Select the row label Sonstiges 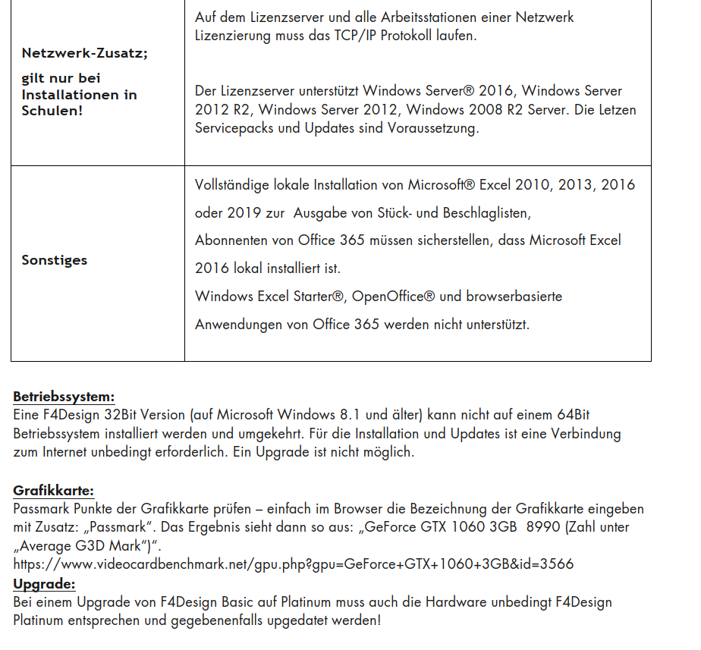click(54, 260)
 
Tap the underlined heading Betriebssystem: click(64, 397)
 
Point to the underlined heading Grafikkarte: click(53, 491)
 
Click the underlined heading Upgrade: click(44, 584)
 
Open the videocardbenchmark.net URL click(293, 564)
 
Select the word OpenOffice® click(392, 297)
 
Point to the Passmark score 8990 click(545, 527)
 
